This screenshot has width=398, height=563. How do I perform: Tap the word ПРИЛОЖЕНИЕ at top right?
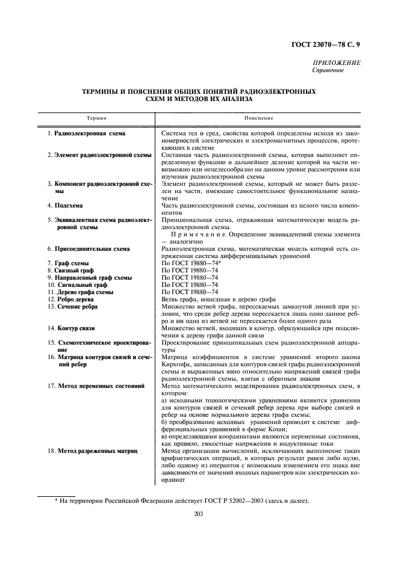tap(337, 63)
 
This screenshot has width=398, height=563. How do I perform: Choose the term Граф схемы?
tap(72, 263)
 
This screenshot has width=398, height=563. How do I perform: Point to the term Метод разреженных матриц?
tap(97, 450)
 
